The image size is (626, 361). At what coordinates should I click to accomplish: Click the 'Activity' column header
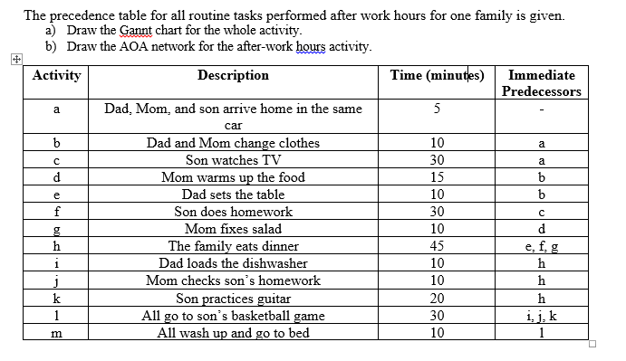tap(56, 76)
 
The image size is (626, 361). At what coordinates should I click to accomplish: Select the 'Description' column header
tap(233, 76)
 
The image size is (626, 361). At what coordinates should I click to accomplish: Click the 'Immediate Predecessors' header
tap(542, 84)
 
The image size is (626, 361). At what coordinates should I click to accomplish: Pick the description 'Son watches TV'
tap(233, 160)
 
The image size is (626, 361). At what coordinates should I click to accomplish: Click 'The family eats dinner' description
tap(233, 246)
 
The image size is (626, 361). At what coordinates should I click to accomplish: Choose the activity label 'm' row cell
tap(56, 332)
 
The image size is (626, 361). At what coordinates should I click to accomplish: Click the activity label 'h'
tap(56, 246)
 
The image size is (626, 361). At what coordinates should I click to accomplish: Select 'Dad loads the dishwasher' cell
tap(233, 263)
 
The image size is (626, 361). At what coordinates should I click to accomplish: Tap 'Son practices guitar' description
tap(233, 298)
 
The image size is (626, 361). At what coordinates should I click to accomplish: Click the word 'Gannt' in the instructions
tap(142, 31)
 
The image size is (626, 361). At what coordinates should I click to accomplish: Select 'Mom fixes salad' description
tap(233, 229)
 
